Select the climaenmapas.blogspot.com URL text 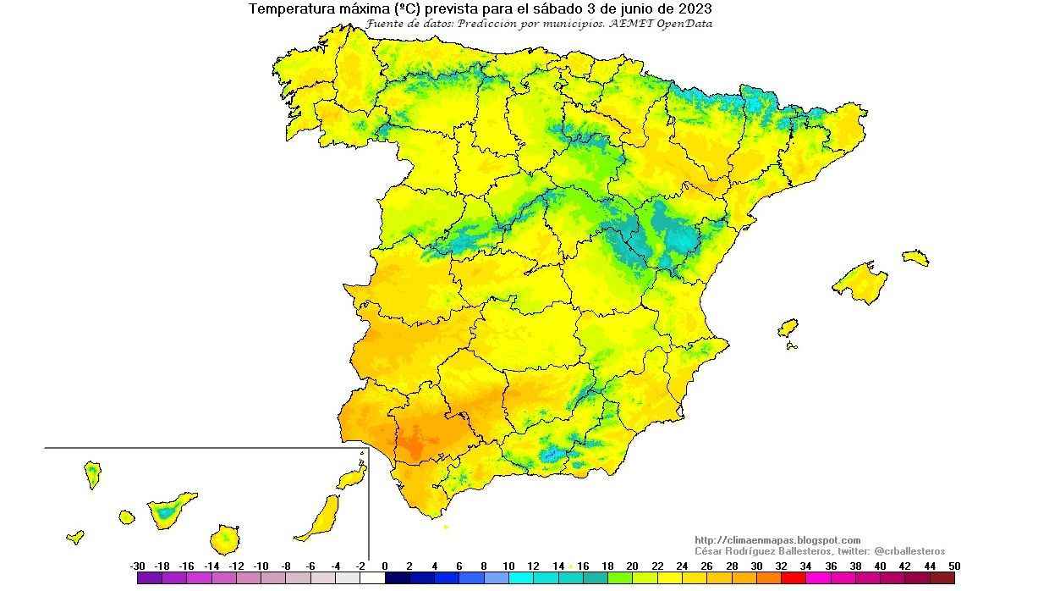coord(777,540)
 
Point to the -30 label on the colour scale coord(137,566)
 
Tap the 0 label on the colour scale coord(385,566)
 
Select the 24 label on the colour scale coord(682,566)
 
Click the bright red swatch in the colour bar coord(794,578)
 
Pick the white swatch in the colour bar coord(372,578)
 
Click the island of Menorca coord(915,257)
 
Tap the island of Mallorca coord(860,279)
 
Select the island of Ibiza coord(788,328)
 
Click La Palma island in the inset coord(92,473)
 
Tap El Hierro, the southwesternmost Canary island coord(75,537)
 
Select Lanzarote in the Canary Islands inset coord(353,478)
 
